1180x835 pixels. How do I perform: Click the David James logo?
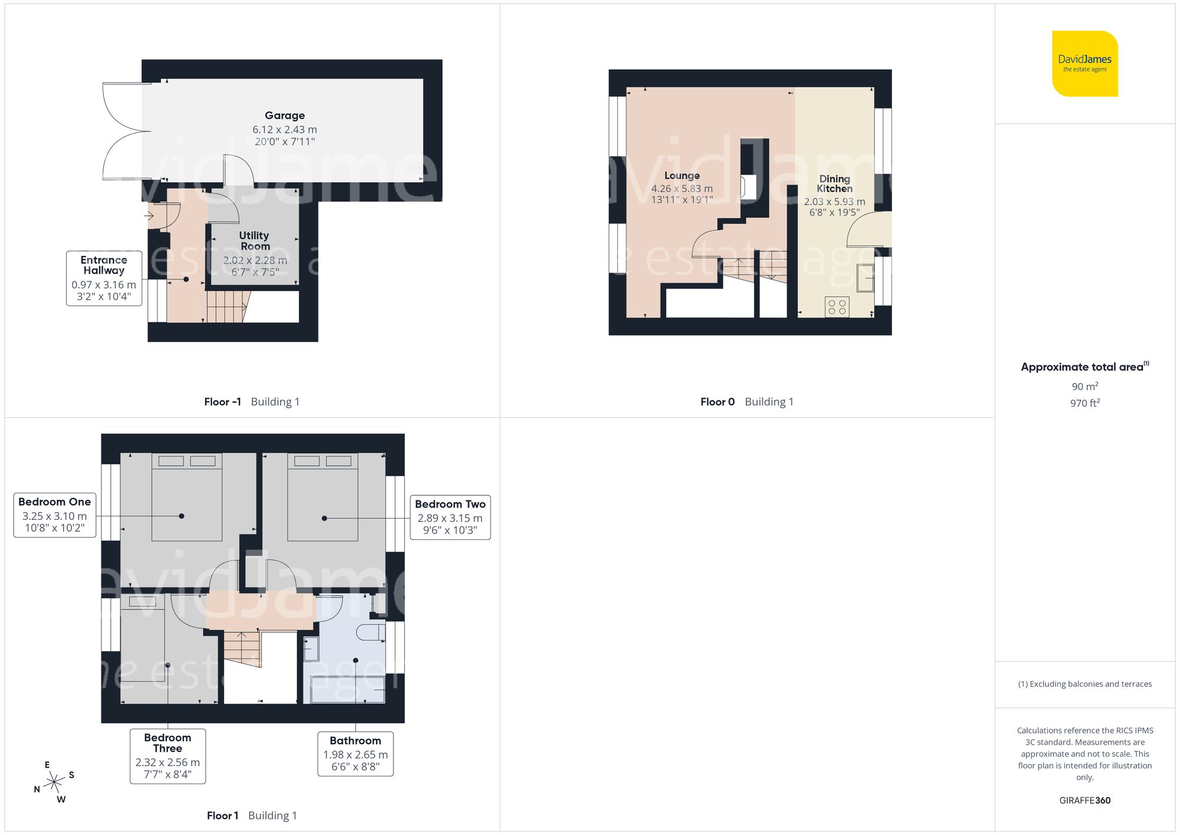1084,64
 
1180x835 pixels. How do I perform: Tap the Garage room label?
284,116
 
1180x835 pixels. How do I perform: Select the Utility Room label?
254,241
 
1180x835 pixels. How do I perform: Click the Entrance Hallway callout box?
104,278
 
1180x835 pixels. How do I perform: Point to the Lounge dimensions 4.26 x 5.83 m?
681,189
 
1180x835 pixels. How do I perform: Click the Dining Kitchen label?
834,184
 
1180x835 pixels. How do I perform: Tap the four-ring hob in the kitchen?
837,307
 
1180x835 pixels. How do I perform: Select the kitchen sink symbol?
866,278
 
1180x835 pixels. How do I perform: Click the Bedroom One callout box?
54,515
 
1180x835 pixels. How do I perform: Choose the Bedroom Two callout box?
450,518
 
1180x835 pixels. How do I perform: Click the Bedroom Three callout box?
168,757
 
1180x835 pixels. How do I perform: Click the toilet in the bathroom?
371,633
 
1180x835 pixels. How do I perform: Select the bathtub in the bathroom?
348,689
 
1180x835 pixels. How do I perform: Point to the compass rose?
54,782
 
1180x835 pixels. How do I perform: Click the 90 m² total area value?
1084,387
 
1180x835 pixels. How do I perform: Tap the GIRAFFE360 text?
1084,800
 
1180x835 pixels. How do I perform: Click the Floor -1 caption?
222,402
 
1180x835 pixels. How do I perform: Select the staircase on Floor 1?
242,649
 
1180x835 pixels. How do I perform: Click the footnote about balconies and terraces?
1084,684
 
